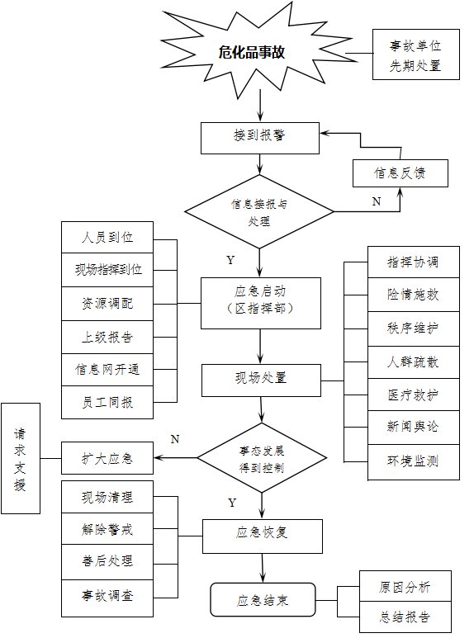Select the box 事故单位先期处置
pyautogui.click(x=415, y=54)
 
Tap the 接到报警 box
pyautogui.click(x=260, y=139)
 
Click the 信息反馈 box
pyautogui.click(x=401, y=173)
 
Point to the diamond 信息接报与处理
pyautogui.click(x=259, y=211)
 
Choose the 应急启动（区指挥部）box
pyautogui.click(x=261, y=303)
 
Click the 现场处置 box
pyautogui.click(x=261, y=380)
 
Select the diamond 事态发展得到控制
pyautogui.click(x=262, y=458)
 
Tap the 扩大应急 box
pyautogui.click(x=107, y=458)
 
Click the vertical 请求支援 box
pyautogui.click(x=21, y=458)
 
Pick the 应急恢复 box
pyautogui.click(x=263, y=536)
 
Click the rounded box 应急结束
pyautogui.click(x=263, y=600)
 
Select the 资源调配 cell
pyautogui.click(x=107, y=304)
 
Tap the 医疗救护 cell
pyautogui.click(x=414, y=395)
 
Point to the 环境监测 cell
pyautogui.click(x=414, y=462)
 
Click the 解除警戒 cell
pyautogui.click(x=107, y=528)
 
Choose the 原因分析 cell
pyautogui.click(x=405, y=586)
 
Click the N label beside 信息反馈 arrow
pyautogui.click(x=377, y=201)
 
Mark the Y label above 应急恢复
pyautogui.click(x=232, y=503)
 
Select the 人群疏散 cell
pyautogui.click(x=414, y=362)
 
